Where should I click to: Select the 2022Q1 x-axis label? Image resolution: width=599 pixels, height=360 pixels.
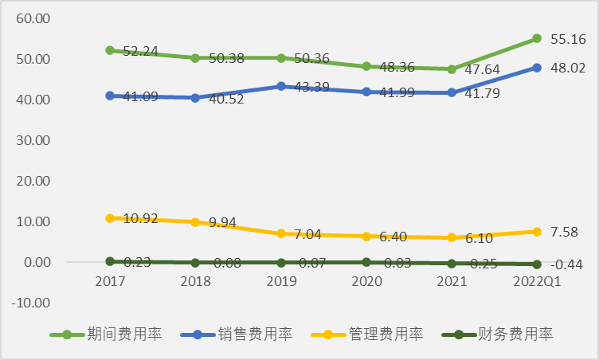click(x=537, y=281)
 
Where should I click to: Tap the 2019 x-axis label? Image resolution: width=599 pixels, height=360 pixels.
click(x=280, y=281)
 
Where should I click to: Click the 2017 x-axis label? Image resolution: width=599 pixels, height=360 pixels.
click(x=110, y=281)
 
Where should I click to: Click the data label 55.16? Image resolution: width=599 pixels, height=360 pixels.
click(x=568, y=38)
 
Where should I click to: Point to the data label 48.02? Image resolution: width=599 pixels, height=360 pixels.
click(x=568, y=68)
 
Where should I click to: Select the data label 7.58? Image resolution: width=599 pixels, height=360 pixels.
click(x=565, y=232)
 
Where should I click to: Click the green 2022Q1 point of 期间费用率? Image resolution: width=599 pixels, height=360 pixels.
click(x=537, y=38)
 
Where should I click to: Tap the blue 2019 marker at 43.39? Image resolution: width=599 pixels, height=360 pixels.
click(x=280, y=86)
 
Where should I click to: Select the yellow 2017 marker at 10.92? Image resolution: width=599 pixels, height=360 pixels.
click(x=110, y=217)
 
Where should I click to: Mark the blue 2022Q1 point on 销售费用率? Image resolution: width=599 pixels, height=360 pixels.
click(x=537, y=68)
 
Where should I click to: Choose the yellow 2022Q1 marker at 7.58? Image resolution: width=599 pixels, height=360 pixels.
click(x=537, y=232)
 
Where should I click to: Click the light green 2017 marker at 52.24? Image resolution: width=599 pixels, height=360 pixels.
click(x=110, y=50)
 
